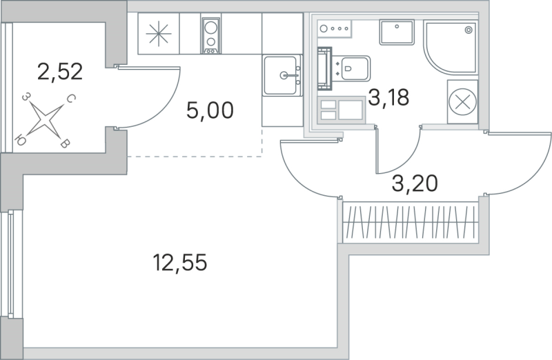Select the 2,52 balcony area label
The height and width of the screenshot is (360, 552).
point(60,70)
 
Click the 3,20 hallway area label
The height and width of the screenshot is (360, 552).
point(415,183)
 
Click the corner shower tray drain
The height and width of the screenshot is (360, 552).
point(469,30)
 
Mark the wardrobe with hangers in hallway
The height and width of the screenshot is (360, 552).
point(410,222)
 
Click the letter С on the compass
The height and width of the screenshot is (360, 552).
point(70,99)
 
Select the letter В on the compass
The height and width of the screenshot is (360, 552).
point(64,143)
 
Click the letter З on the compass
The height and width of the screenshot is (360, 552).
point(26,98)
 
